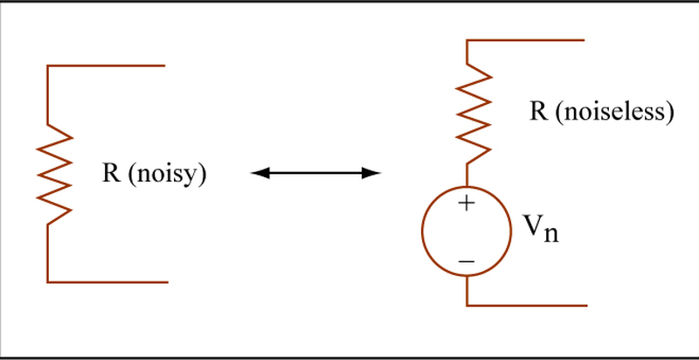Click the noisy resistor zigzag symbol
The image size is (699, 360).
pyautogui.click(x=54, y=174)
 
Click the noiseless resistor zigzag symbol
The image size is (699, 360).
pyautogui.click(x=474, y=114)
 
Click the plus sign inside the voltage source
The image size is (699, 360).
pyautogui.click(x=467, y=204)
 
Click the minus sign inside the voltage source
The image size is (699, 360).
pyautogui.click(x=467, y=260)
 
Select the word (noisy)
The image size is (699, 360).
pyautogui.click(x=167, y=174)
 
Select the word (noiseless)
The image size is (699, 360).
pyautogui.click(x=614, y=112)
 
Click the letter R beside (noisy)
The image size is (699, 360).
pyautogui.click(x=112, y=172)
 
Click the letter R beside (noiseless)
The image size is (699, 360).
pyautogui.click(x=538, y=111)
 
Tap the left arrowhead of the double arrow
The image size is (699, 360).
pyautogui.click(x=260, y=173)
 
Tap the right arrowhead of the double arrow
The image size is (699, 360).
pyautogui.click(x=370, y=173)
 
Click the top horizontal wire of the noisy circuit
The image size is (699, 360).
pyautogui.click(x=106, y=66)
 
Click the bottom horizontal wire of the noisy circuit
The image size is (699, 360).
pyautogui.click(x=107, y=282)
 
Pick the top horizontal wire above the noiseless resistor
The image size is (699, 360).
pyautogui.click(x=525, y=40)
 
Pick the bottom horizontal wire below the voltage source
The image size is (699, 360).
pyautogui.click(x=527, y=306)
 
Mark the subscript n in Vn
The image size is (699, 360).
pyautogui.click(x=551, y=234)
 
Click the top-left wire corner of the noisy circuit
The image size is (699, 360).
pyautogui.click(x=48, y=66)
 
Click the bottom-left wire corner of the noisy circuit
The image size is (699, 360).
pyautogui.click(x=48, y=282)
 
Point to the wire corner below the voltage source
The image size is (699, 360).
pyautogui.click(x=467, y=306)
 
